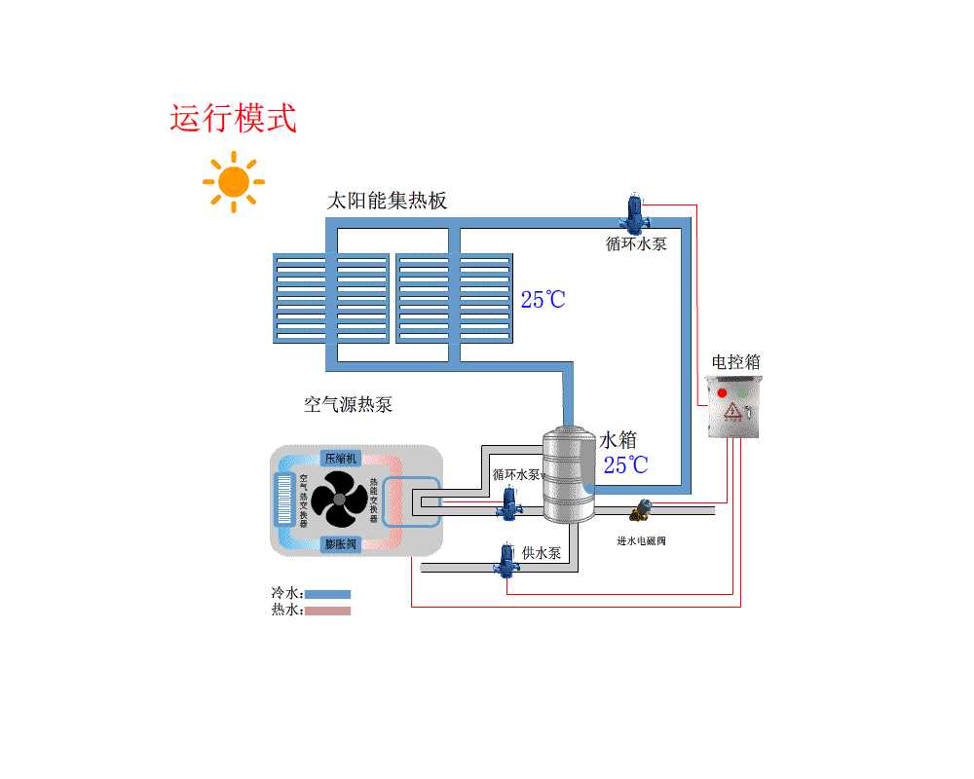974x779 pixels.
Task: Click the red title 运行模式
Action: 234,118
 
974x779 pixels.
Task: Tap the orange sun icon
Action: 234,182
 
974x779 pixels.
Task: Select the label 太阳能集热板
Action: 387,202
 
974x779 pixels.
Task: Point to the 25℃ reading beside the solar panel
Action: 543,300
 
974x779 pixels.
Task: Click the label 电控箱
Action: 735,362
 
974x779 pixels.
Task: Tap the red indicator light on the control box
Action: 722,393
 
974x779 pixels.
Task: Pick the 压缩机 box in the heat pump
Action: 342,458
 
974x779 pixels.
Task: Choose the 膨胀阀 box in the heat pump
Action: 342,543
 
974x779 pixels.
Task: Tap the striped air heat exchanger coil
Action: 285,500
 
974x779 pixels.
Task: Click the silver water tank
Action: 569,477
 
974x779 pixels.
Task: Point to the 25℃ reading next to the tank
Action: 625,465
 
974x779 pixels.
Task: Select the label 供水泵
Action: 542,553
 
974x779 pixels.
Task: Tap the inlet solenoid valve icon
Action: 643,508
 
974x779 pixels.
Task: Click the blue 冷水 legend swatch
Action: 328,594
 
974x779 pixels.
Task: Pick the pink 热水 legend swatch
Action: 328,611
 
